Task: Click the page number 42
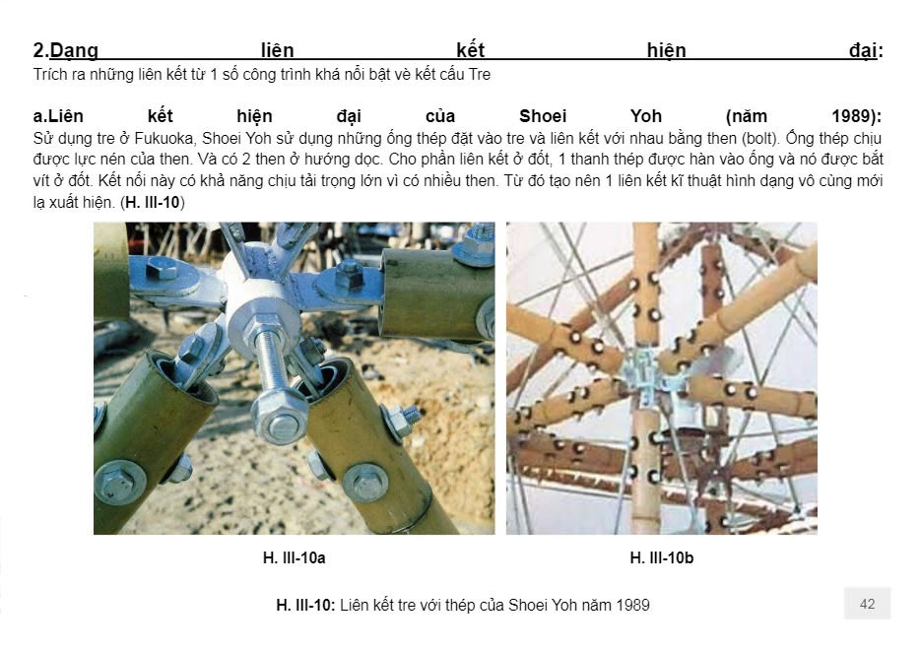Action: pyautogui.click(x=867, y=604)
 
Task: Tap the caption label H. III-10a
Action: pyautogui.click(x=294, y=557)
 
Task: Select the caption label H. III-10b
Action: pyautogui.click(x=661, y=557)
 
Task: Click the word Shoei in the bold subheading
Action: pyautogui.click(x=543, y=115)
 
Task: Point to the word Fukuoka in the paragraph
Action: pyautogui.click(x=166, y=138)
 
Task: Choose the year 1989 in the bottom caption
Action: pyautogui.click(x=632, y=605)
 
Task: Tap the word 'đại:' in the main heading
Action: pyautogui.click(x=866, y=50)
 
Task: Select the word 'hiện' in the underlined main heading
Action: pyautogui.click(x=666, y=50)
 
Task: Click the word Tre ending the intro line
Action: pyautogui.click(x=480, y=75)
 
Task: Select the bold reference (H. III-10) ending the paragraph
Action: pyautogui.click(x=153, y=203)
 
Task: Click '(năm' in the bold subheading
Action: pyautogui.click(x=747, y=116)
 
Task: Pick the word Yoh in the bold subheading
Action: pyautogui.click(x=646, y=115)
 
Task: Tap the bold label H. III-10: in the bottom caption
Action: pyautogui.click(x=305, y=605)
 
